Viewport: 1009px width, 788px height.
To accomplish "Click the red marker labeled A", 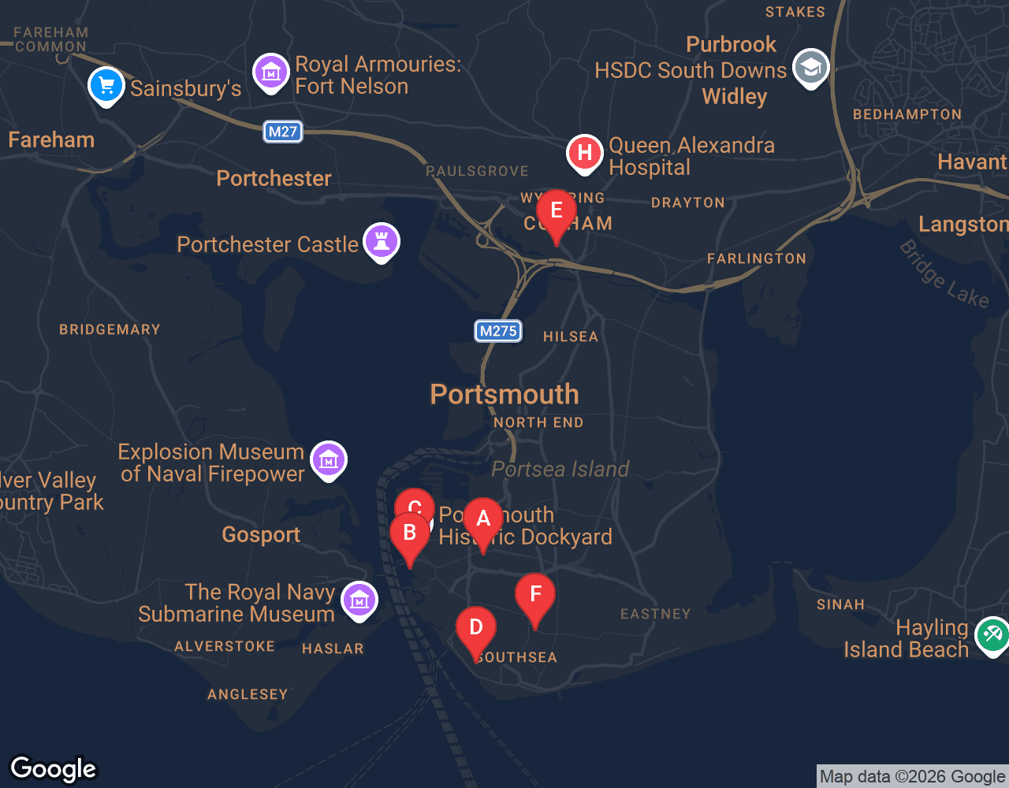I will pyautogui.click(x=483, y=519).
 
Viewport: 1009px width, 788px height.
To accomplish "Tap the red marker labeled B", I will pyautogui.click(x=410, y=533).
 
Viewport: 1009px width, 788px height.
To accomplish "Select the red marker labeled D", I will pyautogui.click(x=476, y=628).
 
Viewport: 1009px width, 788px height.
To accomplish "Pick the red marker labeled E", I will pyautogui.click(x=557, y=211).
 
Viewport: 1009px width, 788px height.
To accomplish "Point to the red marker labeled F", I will pyautogui.click(x=535, y=595).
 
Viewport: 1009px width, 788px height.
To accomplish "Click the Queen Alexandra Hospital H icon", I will pyautogui.click(x=585, y=152).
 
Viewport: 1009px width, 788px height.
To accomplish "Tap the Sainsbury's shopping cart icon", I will pyautogui.click(x=106, y=85).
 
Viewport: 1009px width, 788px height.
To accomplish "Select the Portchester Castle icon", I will pyautogui.click(x=382, y=241).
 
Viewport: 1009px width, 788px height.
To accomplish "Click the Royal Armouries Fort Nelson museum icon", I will pyautogui.click(x=271, y=72).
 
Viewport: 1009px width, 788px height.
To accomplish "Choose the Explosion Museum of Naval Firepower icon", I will pyautogui.click(x=329, y=459).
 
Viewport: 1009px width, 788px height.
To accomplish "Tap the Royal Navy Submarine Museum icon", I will pyautogui.click(x=359, y=600).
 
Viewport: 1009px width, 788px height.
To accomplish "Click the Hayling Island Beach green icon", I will pyautogui.click(x=992, y=634).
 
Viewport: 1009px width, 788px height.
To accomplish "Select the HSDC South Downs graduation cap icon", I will pyautogui.click(x=810, y=68).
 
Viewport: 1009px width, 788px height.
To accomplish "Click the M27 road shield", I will pyautogui.click(x=283, y=132).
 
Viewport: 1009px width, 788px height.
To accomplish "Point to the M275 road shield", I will pyautogui.click(x=498, y=331).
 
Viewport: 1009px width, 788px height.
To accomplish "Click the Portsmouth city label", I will pyautogui.click(x=504, y=394).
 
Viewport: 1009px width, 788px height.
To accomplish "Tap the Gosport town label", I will pyautogui.click(x=261, y=534).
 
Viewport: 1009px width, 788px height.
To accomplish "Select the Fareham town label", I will pyautogui.click(x=51, y=140).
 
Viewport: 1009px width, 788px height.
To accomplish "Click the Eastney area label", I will pyautogui.click(x=655, y=614).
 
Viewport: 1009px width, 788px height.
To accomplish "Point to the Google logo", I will pyautogui.click(x=54, y=769).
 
